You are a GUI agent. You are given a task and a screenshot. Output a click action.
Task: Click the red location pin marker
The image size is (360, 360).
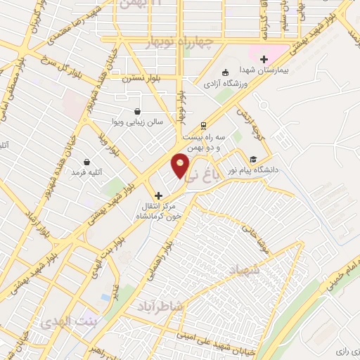[x=180, y=165]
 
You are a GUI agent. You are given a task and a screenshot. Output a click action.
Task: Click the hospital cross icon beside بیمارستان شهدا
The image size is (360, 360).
[x=264, y=60]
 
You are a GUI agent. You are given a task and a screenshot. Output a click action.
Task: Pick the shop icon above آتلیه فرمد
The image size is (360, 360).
[x=86, y=162]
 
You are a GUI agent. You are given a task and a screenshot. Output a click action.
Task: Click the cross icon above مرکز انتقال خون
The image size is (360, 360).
[x=158, y=195]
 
